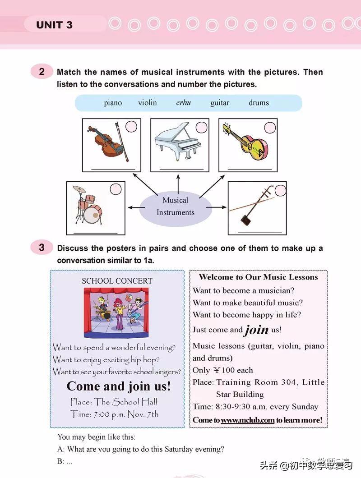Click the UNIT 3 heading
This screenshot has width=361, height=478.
[54, 25]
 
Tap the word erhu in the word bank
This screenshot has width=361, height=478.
[183, 103]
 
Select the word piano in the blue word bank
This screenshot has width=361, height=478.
[113, 103]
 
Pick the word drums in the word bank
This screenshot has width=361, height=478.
[259, 103]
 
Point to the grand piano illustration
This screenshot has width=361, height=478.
[178, 142]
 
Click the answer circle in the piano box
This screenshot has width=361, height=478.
[199, 127]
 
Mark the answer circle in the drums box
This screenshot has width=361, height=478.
[116, 189]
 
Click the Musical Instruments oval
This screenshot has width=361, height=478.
[176, 207]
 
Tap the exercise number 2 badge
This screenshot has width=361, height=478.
[42, 72]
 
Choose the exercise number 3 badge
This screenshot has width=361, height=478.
[42, 248]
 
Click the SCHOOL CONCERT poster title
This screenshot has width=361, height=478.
[117, 281]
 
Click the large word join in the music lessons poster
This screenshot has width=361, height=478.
[257, 330]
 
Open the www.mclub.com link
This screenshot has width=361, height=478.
[248, 420]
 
